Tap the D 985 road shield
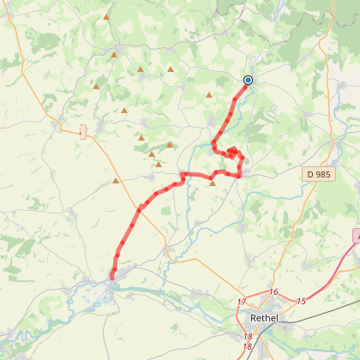click(320, 174)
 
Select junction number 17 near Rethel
click(242, 303)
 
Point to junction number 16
click(273, 292)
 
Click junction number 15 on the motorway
click(301, 301)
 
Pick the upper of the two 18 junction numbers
click(248, 337)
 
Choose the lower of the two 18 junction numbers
click(247, 346)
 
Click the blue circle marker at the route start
click(248, 81)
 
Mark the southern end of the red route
click(111, 276)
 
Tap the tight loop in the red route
click(232, 152)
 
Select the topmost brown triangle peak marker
click(106, 17)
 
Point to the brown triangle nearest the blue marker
click(209, 95)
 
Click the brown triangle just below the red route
click(213, 183)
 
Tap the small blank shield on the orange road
click(82, 131)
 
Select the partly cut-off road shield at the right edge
click(356, 234)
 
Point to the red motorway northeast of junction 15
click(334, 279)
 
